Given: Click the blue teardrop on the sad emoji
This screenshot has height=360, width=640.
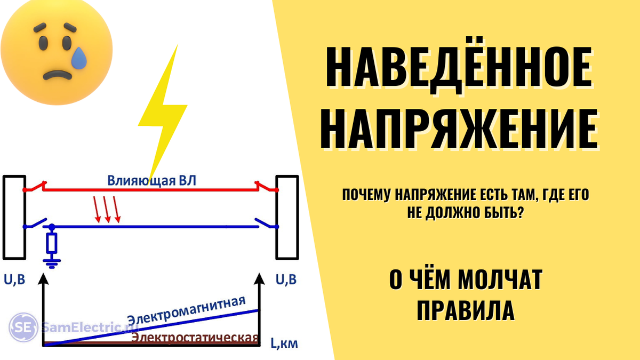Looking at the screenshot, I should [x=80, y=57].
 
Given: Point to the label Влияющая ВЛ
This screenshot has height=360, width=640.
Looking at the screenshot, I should [x=151, y=181].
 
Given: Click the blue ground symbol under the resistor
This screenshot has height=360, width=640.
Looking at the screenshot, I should [x=52, y=261].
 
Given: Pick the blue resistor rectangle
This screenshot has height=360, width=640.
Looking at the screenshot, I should [x=52, y=244].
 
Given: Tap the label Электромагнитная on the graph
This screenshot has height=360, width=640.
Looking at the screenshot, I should [x=186, y=310].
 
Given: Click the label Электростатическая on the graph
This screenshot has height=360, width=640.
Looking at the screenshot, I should [x=195, y=338].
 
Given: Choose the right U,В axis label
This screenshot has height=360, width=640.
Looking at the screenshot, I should [x=286, y=279].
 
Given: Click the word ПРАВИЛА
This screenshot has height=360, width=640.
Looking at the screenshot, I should [x=465, y=310].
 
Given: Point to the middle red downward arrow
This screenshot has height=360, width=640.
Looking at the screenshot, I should [x=107, y=211].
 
